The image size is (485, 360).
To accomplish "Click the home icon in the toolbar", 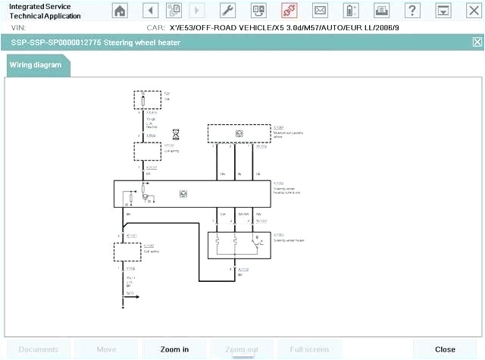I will (120, 11).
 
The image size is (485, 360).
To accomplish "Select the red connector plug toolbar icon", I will (289, 11).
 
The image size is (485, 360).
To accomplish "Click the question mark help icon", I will (411, 11).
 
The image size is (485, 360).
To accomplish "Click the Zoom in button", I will (175, 349).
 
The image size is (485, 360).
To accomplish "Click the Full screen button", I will (309, 349).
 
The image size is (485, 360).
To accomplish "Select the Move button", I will (106, 349).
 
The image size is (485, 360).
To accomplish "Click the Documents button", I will (38, 349).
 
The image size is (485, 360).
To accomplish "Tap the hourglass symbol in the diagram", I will (177, 133).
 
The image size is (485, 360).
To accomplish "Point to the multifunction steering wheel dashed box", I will (239, 133).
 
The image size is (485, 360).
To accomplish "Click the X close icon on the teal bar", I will (477, 42).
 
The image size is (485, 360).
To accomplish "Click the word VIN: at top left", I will (17, 27).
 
